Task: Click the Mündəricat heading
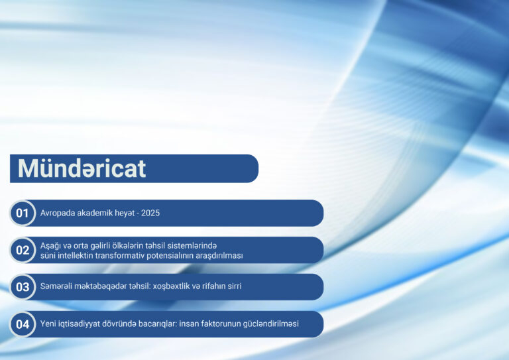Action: coord(82,168)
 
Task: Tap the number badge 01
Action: coord(23,213)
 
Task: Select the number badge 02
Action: coord(23,250)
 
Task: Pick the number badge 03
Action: coord(23,287)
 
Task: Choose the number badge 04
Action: coord(23,324)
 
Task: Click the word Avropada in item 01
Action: coord(57,213)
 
